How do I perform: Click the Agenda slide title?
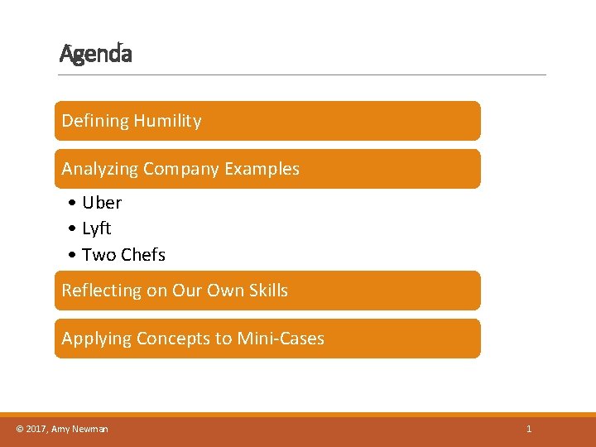96,55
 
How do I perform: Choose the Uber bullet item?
101,203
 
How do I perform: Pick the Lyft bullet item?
96,228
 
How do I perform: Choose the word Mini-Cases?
281,339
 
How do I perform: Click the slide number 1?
529,429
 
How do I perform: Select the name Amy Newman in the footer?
79,429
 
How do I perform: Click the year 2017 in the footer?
36,429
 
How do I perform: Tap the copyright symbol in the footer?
20,429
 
